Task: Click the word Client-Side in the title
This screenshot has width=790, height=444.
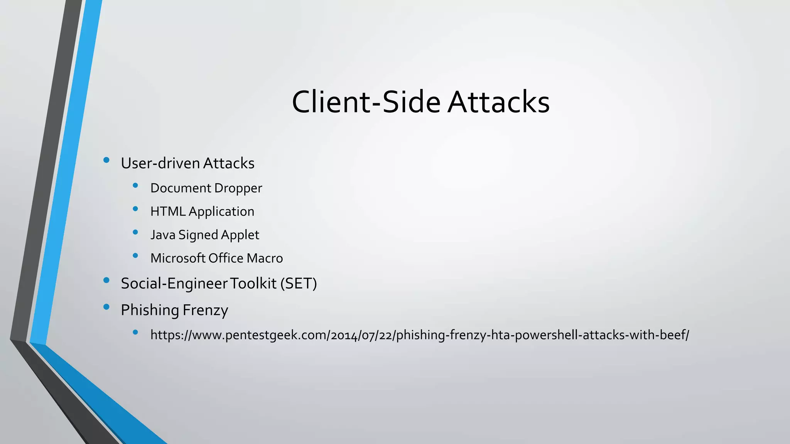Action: click(x=366, y=102)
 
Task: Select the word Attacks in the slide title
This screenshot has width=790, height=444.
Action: click(x=498, y=102)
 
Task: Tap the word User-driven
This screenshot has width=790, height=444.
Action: click(x=160, y=163)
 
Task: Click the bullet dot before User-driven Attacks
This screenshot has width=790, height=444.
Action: click(x=106, y=160)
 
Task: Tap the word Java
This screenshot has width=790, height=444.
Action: click(x=163, y=235)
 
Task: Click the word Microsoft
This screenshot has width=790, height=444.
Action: click(x=178, y=258)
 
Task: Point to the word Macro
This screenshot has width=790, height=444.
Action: click(x=265, y=258)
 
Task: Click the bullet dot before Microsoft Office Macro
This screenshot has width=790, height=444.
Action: click(x=135, y=255)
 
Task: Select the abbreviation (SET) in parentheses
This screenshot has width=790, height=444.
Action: click(x=298, y=284)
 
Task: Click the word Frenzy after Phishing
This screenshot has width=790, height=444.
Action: click(x=205, y=310)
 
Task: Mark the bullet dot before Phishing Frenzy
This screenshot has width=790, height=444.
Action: click(x=106, y=307)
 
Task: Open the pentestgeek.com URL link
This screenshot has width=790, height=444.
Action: click(x=419, y=335)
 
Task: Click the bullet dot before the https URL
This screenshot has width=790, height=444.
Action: click(x=135, y=332)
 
